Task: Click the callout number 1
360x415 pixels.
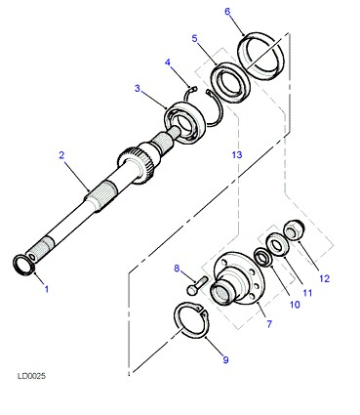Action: point(47,288)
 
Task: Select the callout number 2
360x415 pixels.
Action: point(61,155)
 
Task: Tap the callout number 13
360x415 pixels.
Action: point(237,154)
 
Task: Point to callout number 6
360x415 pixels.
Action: point(227,12)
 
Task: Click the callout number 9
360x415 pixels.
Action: point(225,359)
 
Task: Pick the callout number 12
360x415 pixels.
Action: point(324,278)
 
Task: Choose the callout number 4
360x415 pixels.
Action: point(168,62)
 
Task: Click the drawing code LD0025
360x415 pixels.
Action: point(31,376)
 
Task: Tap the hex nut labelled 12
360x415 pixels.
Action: point(294,230)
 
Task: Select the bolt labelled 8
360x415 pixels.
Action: point(197,285)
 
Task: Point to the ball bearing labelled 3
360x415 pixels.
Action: point(184,121)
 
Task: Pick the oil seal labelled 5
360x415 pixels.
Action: point(230,82)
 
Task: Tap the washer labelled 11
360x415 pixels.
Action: point(276,244)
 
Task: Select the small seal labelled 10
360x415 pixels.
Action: point(262,257)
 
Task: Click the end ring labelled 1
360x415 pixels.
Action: point(23,265)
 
